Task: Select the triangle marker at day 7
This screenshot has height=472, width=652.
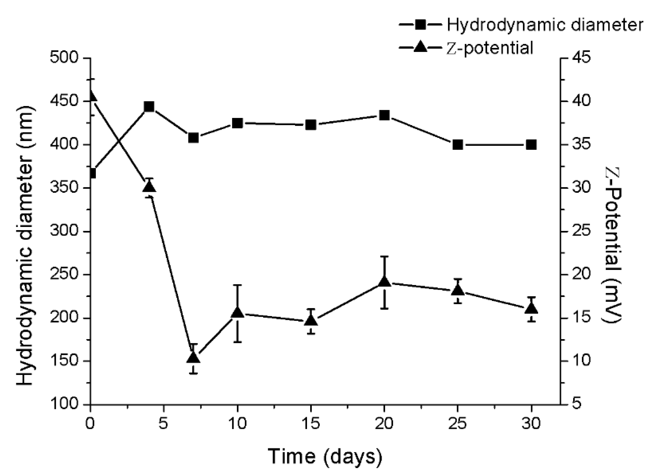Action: click(193, 357)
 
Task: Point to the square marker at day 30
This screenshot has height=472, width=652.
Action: click(531, 145)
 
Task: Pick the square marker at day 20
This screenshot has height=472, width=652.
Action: click(384, 115)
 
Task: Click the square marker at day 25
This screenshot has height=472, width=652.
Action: click(458, 145)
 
